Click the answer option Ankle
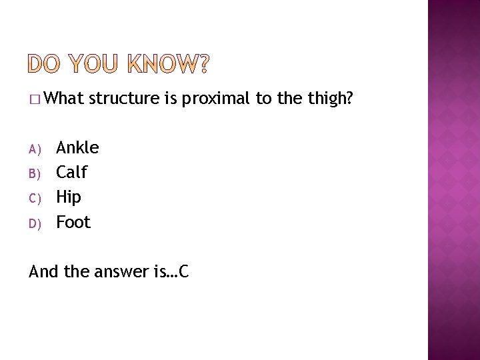click(x=77, y=147)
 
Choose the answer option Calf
click(x=71, y=172)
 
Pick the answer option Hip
click(x=69, y=197)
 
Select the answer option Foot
click(x=73, y=222)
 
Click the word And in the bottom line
click(x=43, y=271)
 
